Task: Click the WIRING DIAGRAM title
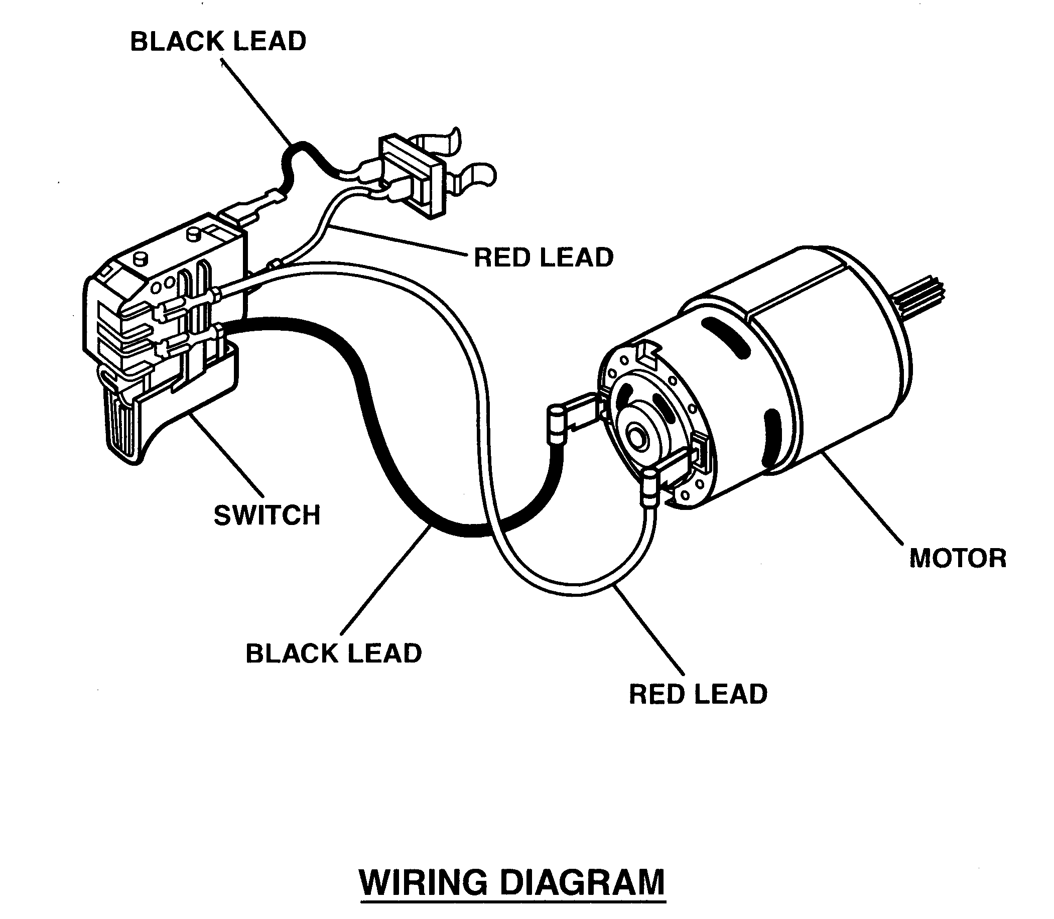512,882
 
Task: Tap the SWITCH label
267,515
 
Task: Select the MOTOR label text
957,558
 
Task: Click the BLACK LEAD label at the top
218,41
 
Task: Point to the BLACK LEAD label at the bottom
333,653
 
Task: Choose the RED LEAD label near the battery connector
543,257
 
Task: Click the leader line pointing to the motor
862,497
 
